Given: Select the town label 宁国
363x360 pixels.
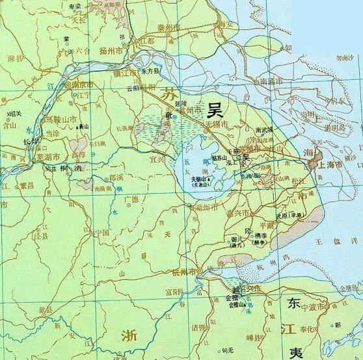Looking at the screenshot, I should [102, 231].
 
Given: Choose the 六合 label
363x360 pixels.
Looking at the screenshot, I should [83, 49].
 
